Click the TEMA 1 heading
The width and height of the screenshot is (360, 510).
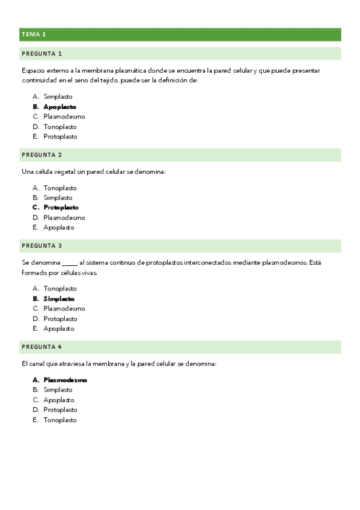click(x=34, y=34)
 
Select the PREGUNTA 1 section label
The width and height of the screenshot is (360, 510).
click(x=41, y=54)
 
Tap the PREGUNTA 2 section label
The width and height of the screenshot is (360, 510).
click(x=41, y=155)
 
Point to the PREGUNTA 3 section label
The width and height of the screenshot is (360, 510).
click(x=41, y=245)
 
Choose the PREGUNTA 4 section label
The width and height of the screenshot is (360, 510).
click(x=41, y=347)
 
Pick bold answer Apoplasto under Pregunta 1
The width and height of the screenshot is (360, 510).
click(x=59, y=106)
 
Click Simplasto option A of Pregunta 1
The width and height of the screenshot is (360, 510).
click(x=58, y=96)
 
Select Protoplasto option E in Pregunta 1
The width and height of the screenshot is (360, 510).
click(x=60, y=137)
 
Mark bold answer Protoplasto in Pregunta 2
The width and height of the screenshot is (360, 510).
click(x=61, y=207)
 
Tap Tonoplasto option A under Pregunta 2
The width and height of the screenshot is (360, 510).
click(x=60, y=188)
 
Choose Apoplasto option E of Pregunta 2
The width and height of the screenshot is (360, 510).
click(x=59, y=227)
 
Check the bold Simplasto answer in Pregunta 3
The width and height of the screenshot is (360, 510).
click(x=59, y=298)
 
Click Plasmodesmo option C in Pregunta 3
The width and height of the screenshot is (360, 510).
click(x=64, y=309)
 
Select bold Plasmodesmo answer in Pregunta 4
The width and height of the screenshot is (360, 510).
click(x=65, y=380)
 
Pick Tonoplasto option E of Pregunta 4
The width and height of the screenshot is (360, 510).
click(x=60, y=420)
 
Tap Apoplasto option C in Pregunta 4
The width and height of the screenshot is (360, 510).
click(x=59, y=400)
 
